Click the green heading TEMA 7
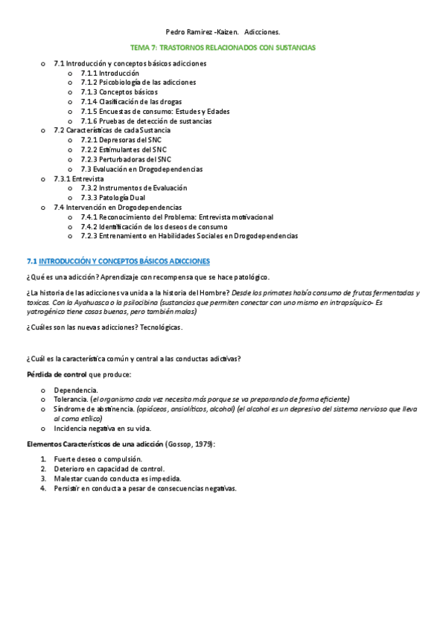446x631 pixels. [x=223, y=47]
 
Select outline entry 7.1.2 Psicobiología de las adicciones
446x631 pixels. [x=138, y=83]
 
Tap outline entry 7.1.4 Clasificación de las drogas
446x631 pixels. [x=130, y=102]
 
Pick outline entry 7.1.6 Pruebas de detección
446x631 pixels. [x=145, y=121]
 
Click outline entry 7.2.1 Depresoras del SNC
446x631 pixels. [x=124, y=140]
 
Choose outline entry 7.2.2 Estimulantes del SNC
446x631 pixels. [x=124, y=150]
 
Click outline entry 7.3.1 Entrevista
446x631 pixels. [x=79, y=179]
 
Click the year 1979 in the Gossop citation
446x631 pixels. [x=203, y=443]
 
